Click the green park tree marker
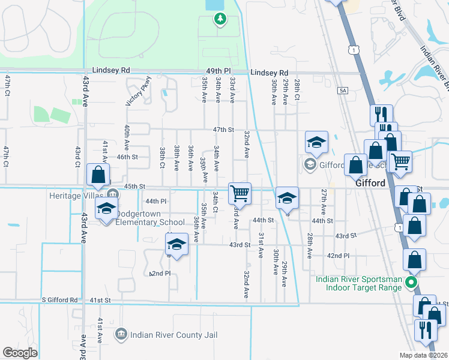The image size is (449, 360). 220,19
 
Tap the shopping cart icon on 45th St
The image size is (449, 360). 240,193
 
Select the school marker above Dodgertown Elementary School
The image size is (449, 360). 107,209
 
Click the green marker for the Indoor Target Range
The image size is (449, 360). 411,282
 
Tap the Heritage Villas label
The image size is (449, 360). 78,194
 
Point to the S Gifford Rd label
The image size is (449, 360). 60,300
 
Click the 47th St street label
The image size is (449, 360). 222,130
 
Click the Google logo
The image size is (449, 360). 20,353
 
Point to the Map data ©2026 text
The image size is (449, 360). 424,355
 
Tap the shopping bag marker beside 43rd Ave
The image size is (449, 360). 98,175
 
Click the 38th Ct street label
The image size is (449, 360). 163,158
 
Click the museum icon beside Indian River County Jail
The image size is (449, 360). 121,333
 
